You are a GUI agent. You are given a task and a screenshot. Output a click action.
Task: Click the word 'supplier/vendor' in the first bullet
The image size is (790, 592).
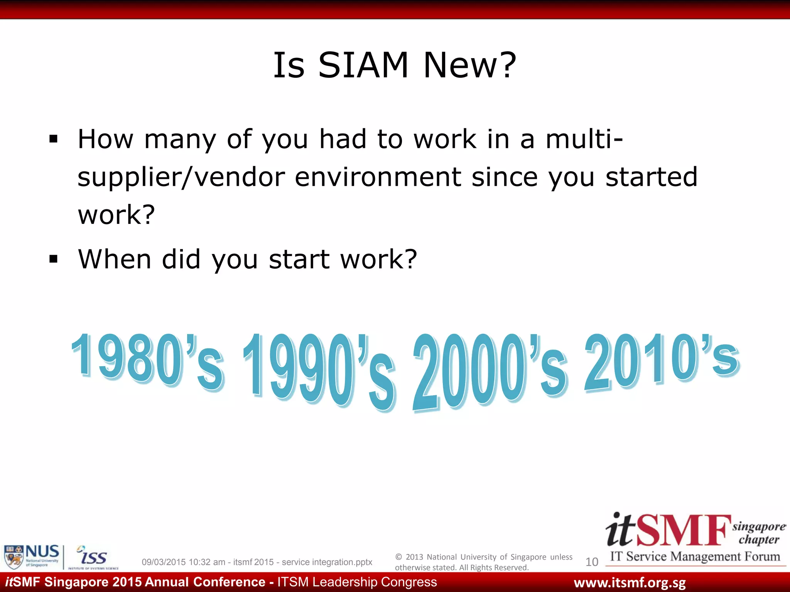point(181,177)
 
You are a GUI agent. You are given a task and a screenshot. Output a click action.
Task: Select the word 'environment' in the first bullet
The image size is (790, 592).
point(378,177)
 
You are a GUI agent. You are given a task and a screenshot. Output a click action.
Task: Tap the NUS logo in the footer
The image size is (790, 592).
point(32,557)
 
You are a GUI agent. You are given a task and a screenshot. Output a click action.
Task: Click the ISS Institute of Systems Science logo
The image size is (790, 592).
point(93,557)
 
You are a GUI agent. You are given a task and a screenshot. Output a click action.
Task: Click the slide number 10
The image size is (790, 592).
point(592,562)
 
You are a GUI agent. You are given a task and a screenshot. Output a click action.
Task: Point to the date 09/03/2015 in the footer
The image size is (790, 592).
point(164,562)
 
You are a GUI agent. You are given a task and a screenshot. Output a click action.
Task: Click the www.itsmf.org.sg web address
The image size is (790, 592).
point(630,583)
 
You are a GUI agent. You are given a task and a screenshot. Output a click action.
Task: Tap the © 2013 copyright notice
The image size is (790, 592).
point(483,562)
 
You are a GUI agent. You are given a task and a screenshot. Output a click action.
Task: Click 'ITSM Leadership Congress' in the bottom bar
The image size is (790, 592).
point(357,582)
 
